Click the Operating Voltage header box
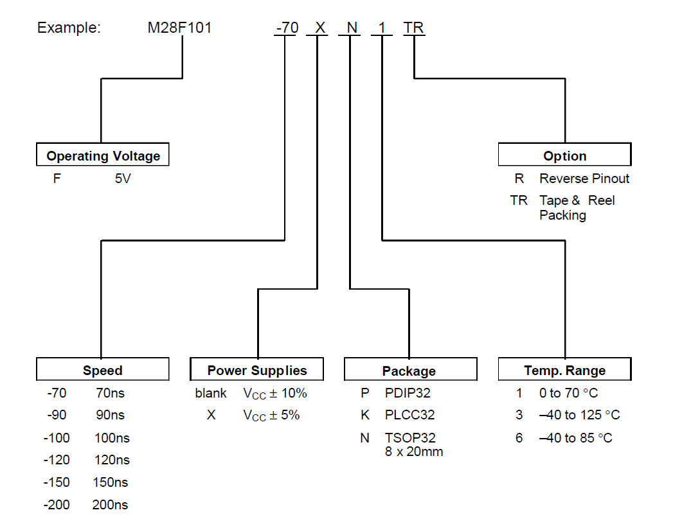point(103,155)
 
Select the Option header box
point(564,155)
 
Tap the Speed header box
point(103,370)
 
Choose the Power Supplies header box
point(257,370)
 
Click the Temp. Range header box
point(564,370)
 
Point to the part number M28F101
point(180,28)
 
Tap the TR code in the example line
point(413,28)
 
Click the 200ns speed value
point(110,505)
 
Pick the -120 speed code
point(57,460)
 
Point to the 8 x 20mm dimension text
point(414,451)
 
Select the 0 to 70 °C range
point(569,393)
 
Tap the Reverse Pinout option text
point(584,179)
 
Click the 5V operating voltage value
point(123,179)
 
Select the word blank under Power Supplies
point(211,393)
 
